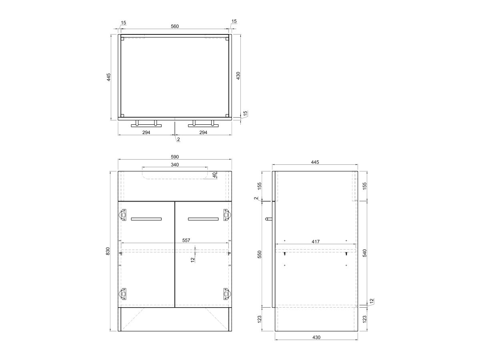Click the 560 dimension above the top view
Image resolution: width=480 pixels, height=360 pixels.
[x=175, y=26]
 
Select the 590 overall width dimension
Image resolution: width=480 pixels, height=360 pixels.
[x=175, y=156]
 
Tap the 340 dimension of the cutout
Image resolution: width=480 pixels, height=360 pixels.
[x=175, y=164]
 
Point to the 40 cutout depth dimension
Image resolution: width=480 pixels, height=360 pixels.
[x=215, y=175]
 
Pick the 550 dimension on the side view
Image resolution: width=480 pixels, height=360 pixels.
[x=259, y=254]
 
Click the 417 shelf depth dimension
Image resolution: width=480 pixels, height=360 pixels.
[x=316, y=241]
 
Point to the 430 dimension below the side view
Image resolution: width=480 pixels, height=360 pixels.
[x=316, y=337]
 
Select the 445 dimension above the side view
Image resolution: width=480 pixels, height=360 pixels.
[x=315, y=162]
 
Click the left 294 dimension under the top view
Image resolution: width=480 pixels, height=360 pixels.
[x=146, y=132]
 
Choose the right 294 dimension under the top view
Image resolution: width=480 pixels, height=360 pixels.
[x=203, y=132]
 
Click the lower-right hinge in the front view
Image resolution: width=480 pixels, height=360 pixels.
[x=226, y=295]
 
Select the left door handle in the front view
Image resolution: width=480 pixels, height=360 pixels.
[x=146, y=219]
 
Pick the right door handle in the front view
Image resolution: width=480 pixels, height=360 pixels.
[x=203, y=219]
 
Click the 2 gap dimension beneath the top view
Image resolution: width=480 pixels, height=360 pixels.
[x=178, y=140]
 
